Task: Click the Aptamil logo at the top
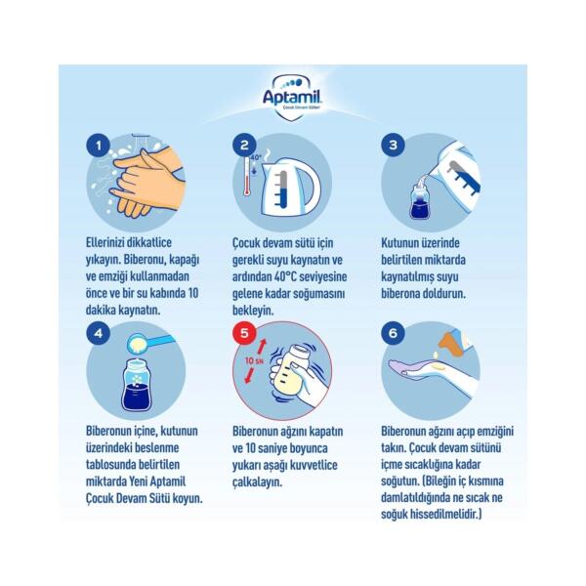coord(292,97)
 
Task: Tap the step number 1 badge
coord(98,145)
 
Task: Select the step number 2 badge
coord(244,145)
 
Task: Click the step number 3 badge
coord(393,145)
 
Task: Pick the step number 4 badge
coord(98,333)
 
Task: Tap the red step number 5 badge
coord(244,333)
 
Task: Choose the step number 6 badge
coord(393,333)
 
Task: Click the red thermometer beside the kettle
coord(247,176)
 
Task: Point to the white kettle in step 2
coord(291,187)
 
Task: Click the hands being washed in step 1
coord(149,182)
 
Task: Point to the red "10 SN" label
coord(255,360)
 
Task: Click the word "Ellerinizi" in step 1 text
coord(106,242)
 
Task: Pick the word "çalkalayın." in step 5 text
coord(257,482)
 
